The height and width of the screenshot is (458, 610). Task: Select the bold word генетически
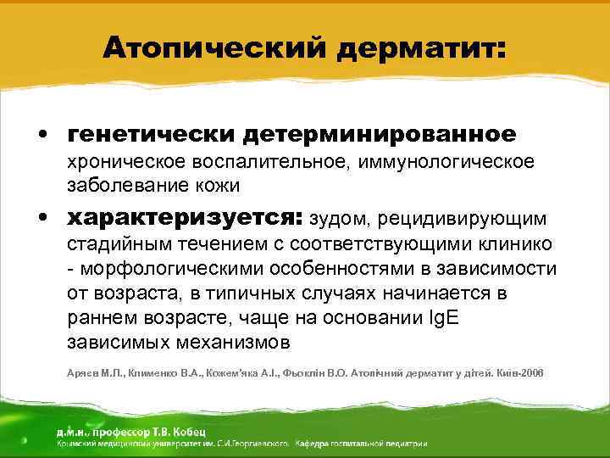click(150, 135)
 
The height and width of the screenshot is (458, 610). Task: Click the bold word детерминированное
click(379, 135)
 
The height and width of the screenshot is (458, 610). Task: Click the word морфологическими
click(180, 269)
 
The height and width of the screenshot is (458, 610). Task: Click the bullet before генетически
click(41, 136)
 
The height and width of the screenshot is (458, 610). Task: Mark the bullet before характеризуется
click(41, 219)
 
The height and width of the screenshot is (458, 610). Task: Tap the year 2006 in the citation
click(531, 373)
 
